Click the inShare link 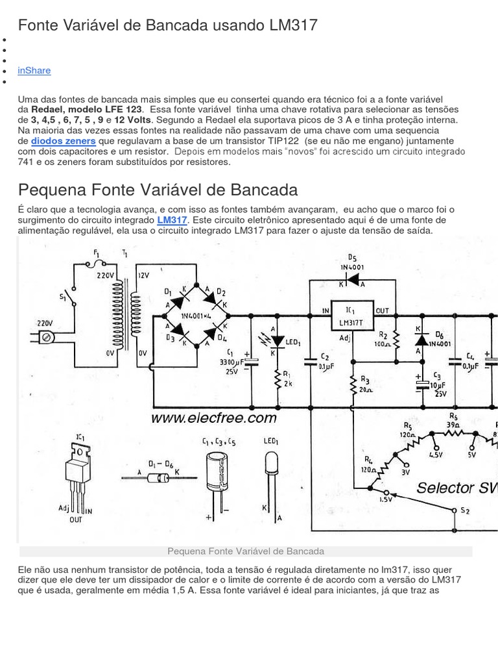34,70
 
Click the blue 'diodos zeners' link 64,141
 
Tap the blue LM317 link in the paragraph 172,220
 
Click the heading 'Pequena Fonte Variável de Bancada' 158,190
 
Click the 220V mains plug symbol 45,337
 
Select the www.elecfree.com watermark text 213,418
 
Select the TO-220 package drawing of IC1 77,473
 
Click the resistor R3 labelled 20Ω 353,386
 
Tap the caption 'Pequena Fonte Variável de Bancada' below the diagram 245,551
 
